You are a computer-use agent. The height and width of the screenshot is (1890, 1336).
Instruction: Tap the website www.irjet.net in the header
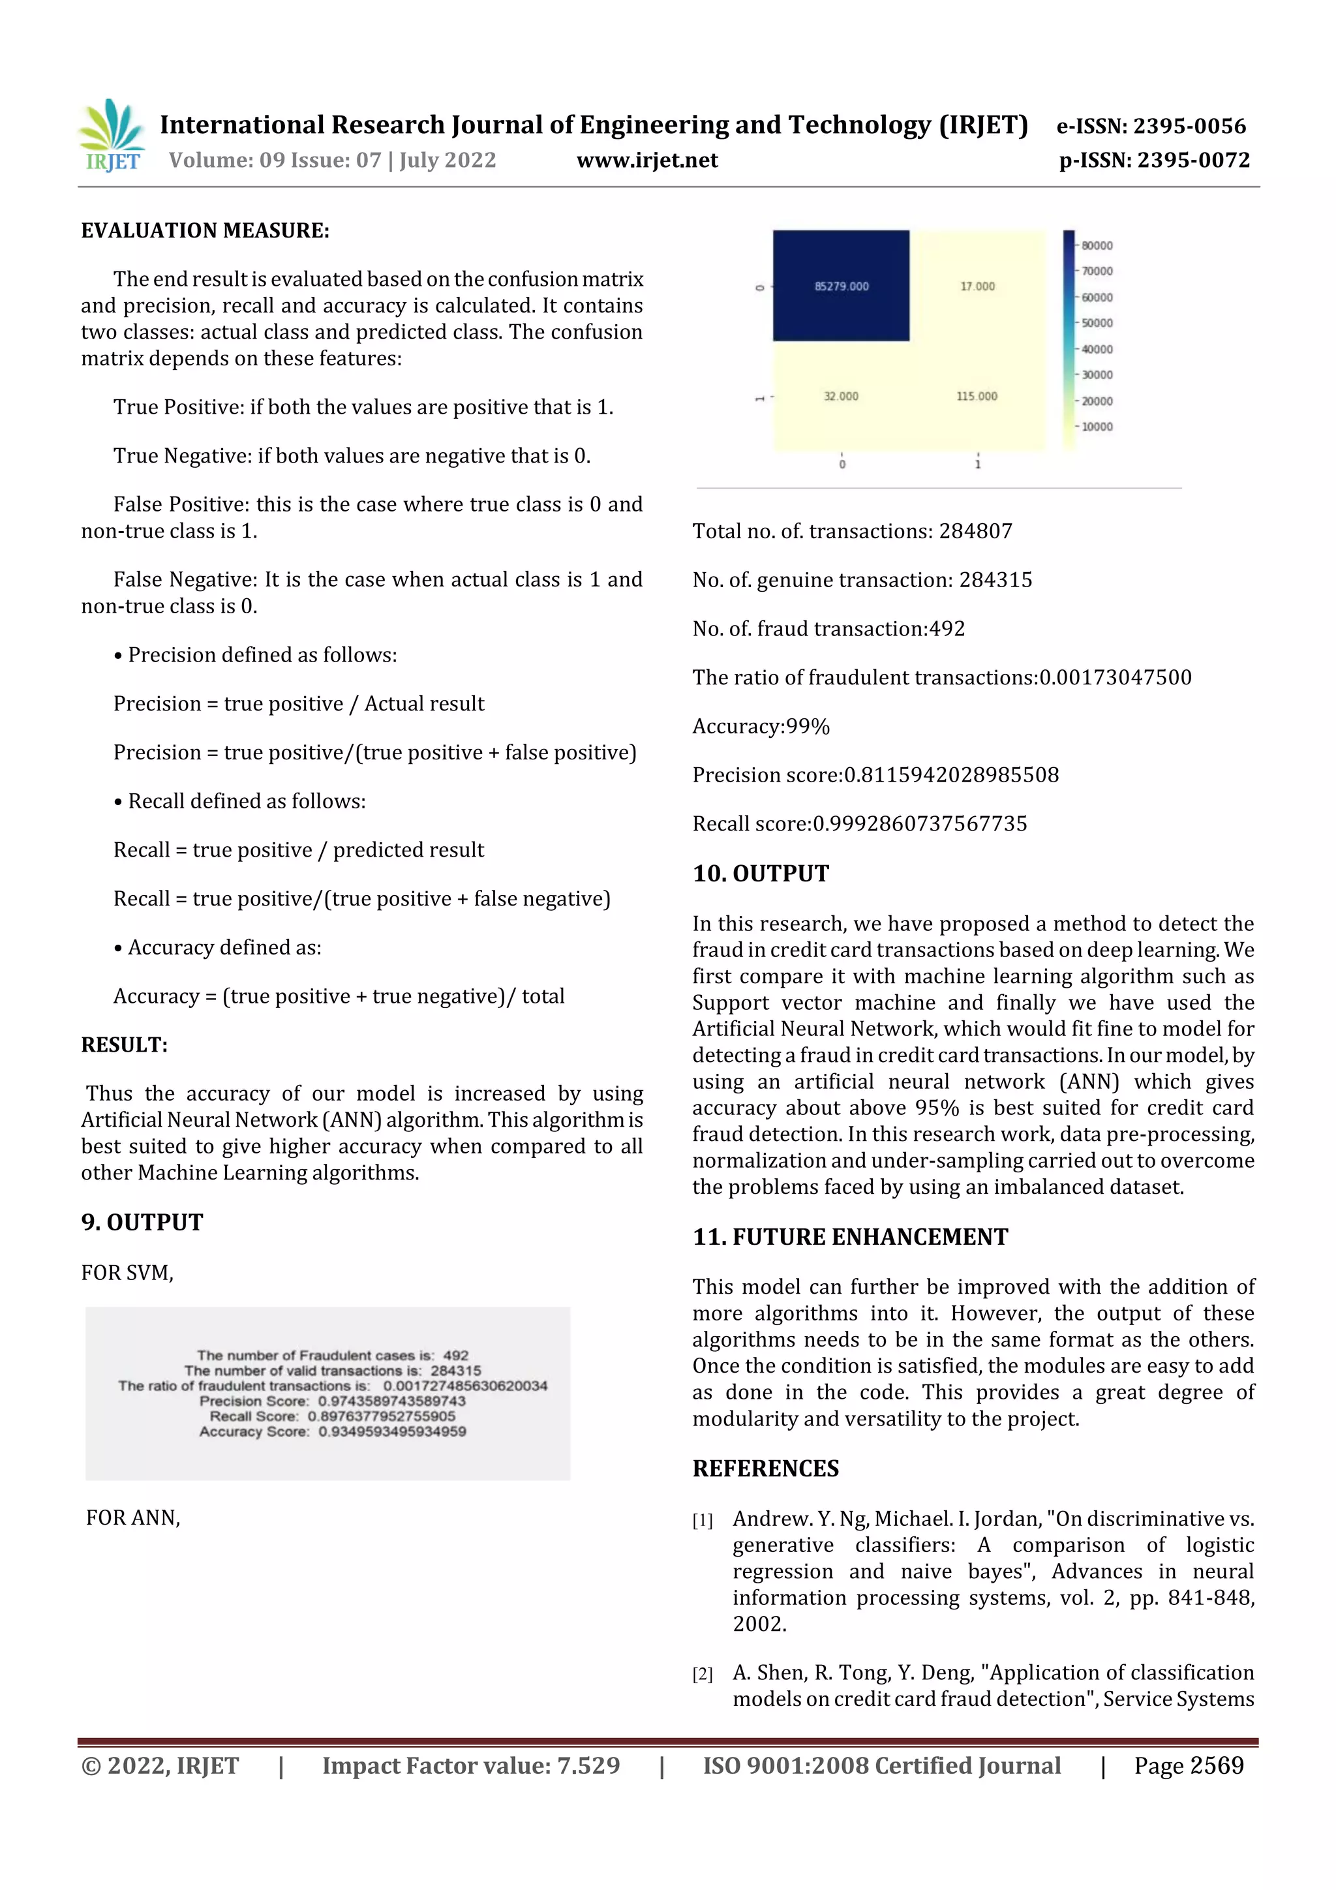pos(647,160)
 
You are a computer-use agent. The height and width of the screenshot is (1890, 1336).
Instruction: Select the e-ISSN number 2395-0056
pos(1189,126)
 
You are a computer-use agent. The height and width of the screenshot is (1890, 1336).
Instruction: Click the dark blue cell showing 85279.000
pos(840,286)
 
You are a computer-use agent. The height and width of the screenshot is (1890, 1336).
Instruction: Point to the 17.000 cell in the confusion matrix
pos(977,286)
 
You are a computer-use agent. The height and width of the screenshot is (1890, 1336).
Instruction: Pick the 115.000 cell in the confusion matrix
pos(977,396)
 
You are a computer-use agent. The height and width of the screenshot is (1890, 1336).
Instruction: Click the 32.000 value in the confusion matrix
pos(840,396)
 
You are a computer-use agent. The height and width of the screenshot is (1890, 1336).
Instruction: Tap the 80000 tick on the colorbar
pos(1097,245)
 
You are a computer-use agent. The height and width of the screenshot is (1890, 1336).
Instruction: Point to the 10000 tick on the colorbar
pos(1097,427)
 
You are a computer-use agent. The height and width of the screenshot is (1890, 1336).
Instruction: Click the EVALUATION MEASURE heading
pos(205,230)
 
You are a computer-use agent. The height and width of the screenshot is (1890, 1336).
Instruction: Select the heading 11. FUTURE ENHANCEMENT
pos(849,1236)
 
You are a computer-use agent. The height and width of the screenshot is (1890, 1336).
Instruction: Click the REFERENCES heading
pos(766,1468)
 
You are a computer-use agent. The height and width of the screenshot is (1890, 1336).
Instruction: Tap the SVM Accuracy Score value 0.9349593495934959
pos(392,1431)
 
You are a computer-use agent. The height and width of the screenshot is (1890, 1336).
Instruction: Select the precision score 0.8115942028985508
pos(950,774)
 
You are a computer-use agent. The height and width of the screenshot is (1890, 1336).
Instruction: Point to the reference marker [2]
pos(702,1673)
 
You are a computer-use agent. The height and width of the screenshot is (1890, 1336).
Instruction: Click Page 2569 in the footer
pos(1189,1765)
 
